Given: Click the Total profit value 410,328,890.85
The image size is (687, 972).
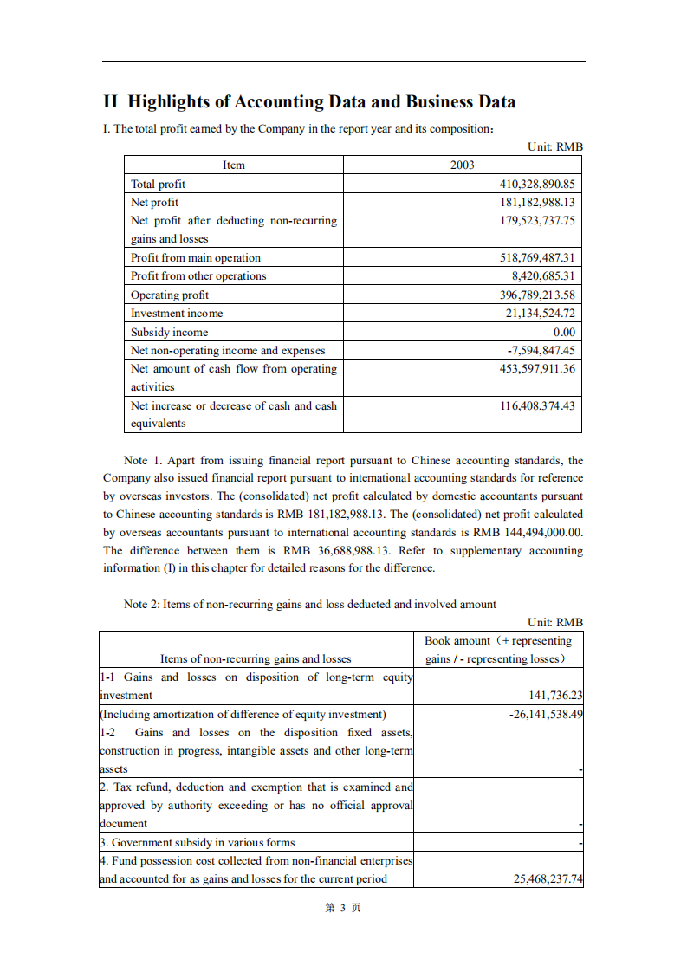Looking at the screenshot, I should pos(537,184).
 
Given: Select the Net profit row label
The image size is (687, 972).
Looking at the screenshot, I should pos(154,202).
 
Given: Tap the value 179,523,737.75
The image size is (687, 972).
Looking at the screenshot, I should pos(537,220).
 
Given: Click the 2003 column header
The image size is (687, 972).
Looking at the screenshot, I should pos(462,165).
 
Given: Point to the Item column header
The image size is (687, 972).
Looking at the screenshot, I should pos(233,165).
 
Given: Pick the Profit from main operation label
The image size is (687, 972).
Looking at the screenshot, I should pos(195,257).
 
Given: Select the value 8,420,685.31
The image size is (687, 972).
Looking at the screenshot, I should pos(543,275).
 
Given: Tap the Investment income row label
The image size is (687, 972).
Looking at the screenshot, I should pos(176,313).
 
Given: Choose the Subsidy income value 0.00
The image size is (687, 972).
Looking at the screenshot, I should pos(564,332).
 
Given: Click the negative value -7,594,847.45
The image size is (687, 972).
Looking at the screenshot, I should pos(541,350).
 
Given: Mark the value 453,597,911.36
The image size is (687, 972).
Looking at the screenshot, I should pos(537,368).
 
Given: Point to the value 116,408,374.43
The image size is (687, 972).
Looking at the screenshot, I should pos(537,405).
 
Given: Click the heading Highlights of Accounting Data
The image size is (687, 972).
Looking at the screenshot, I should pos(309,101).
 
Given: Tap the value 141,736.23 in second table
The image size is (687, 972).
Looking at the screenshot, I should pos(555,695).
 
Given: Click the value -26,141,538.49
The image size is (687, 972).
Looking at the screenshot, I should pos(546,714).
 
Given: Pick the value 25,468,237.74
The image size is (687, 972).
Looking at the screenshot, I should pos(548,878).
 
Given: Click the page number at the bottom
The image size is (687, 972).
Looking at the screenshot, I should pos(342,907).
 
